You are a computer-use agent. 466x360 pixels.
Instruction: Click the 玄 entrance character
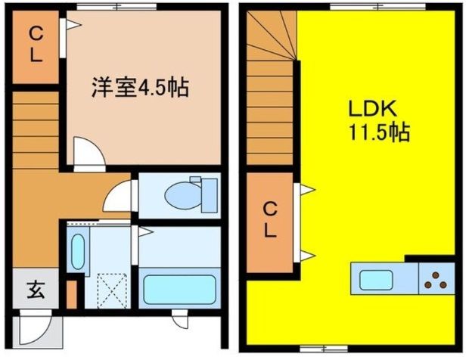36,289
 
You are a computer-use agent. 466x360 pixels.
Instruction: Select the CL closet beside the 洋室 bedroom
36,45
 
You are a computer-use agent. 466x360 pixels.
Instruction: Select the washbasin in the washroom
77,250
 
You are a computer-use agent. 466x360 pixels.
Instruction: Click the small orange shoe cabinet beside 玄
72,295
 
